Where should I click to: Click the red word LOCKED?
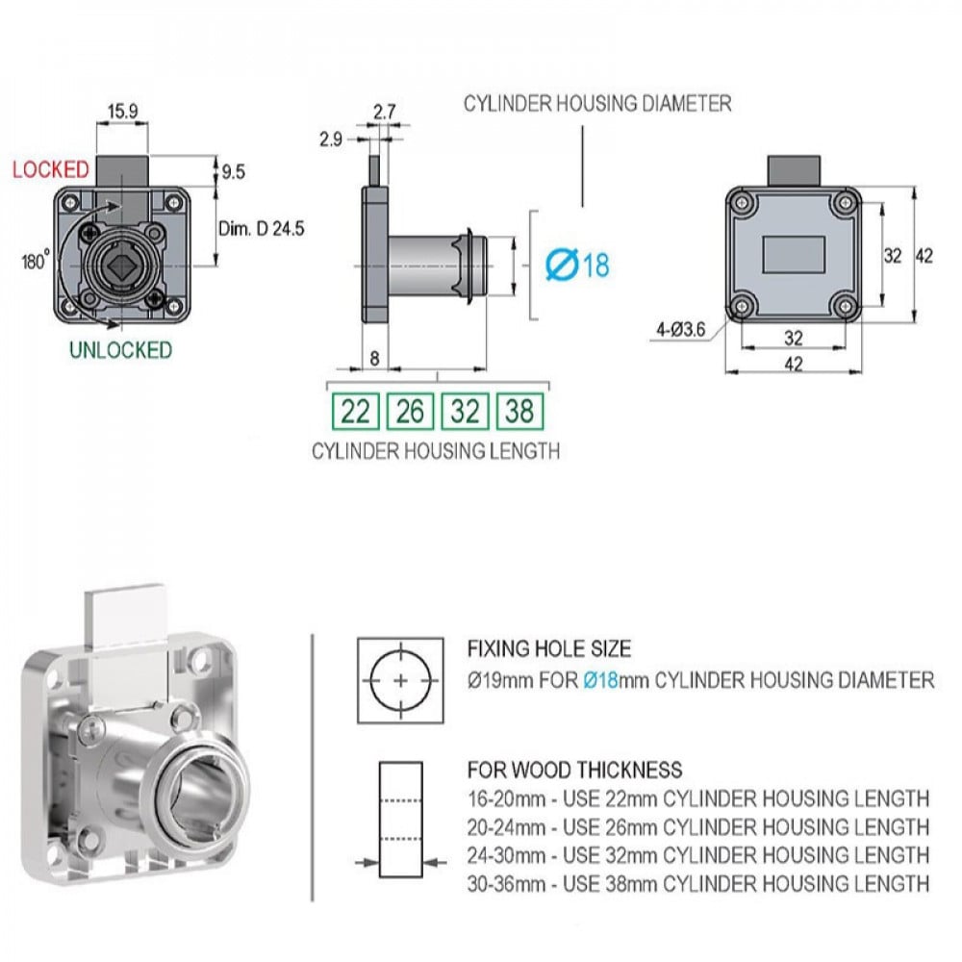click(x=51, y=169)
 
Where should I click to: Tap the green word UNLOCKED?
click(x=120, y=350)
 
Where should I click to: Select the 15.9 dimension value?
click(x=123, y=112)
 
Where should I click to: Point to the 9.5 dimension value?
click(x=233, y=172)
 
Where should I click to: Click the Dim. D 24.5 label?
click(x=262, y=229)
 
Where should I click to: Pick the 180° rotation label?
click(x=36, y=261)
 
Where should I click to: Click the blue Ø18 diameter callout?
click(x=577, y=266)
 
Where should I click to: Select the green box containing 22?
click(x=355, y=411)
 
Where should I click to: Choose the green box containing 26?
click(x=411, y=411)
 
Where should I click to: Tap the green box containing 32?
click(x=465, y=411)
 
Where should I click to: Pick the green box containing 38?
click(x=519, y=411)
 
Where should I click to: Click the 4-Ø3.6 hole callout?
click(x=681, y=330)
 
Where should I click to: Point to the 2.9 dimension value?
click(x=331, y=139)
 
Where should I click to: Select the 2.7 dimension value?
click(x=385, y=112)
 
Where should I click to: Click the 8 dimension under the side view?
click(x=375, y=358)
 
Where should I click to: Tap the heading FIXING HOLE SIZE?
click(x=549, y=648)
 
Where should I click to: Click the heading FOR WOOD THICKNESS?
click(x=575, y=770)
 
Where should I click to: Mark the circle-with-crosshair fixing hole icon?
click(x=400, y=681)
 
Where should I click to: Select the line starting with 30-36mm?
click(x=698, y=884)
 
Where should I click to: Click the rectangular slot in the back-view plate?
click(x=794, y=255)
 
